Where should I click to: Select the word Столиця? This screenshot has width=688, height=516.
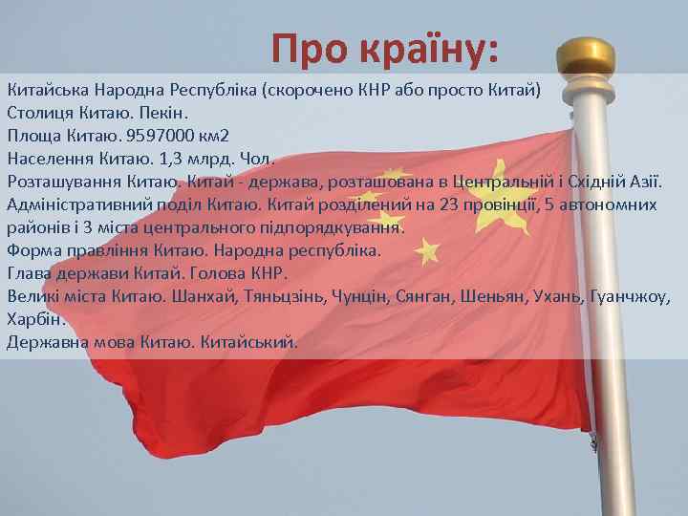pos(39,114)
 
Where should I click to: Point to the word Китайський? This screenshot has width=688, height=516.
pos(250,341)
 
